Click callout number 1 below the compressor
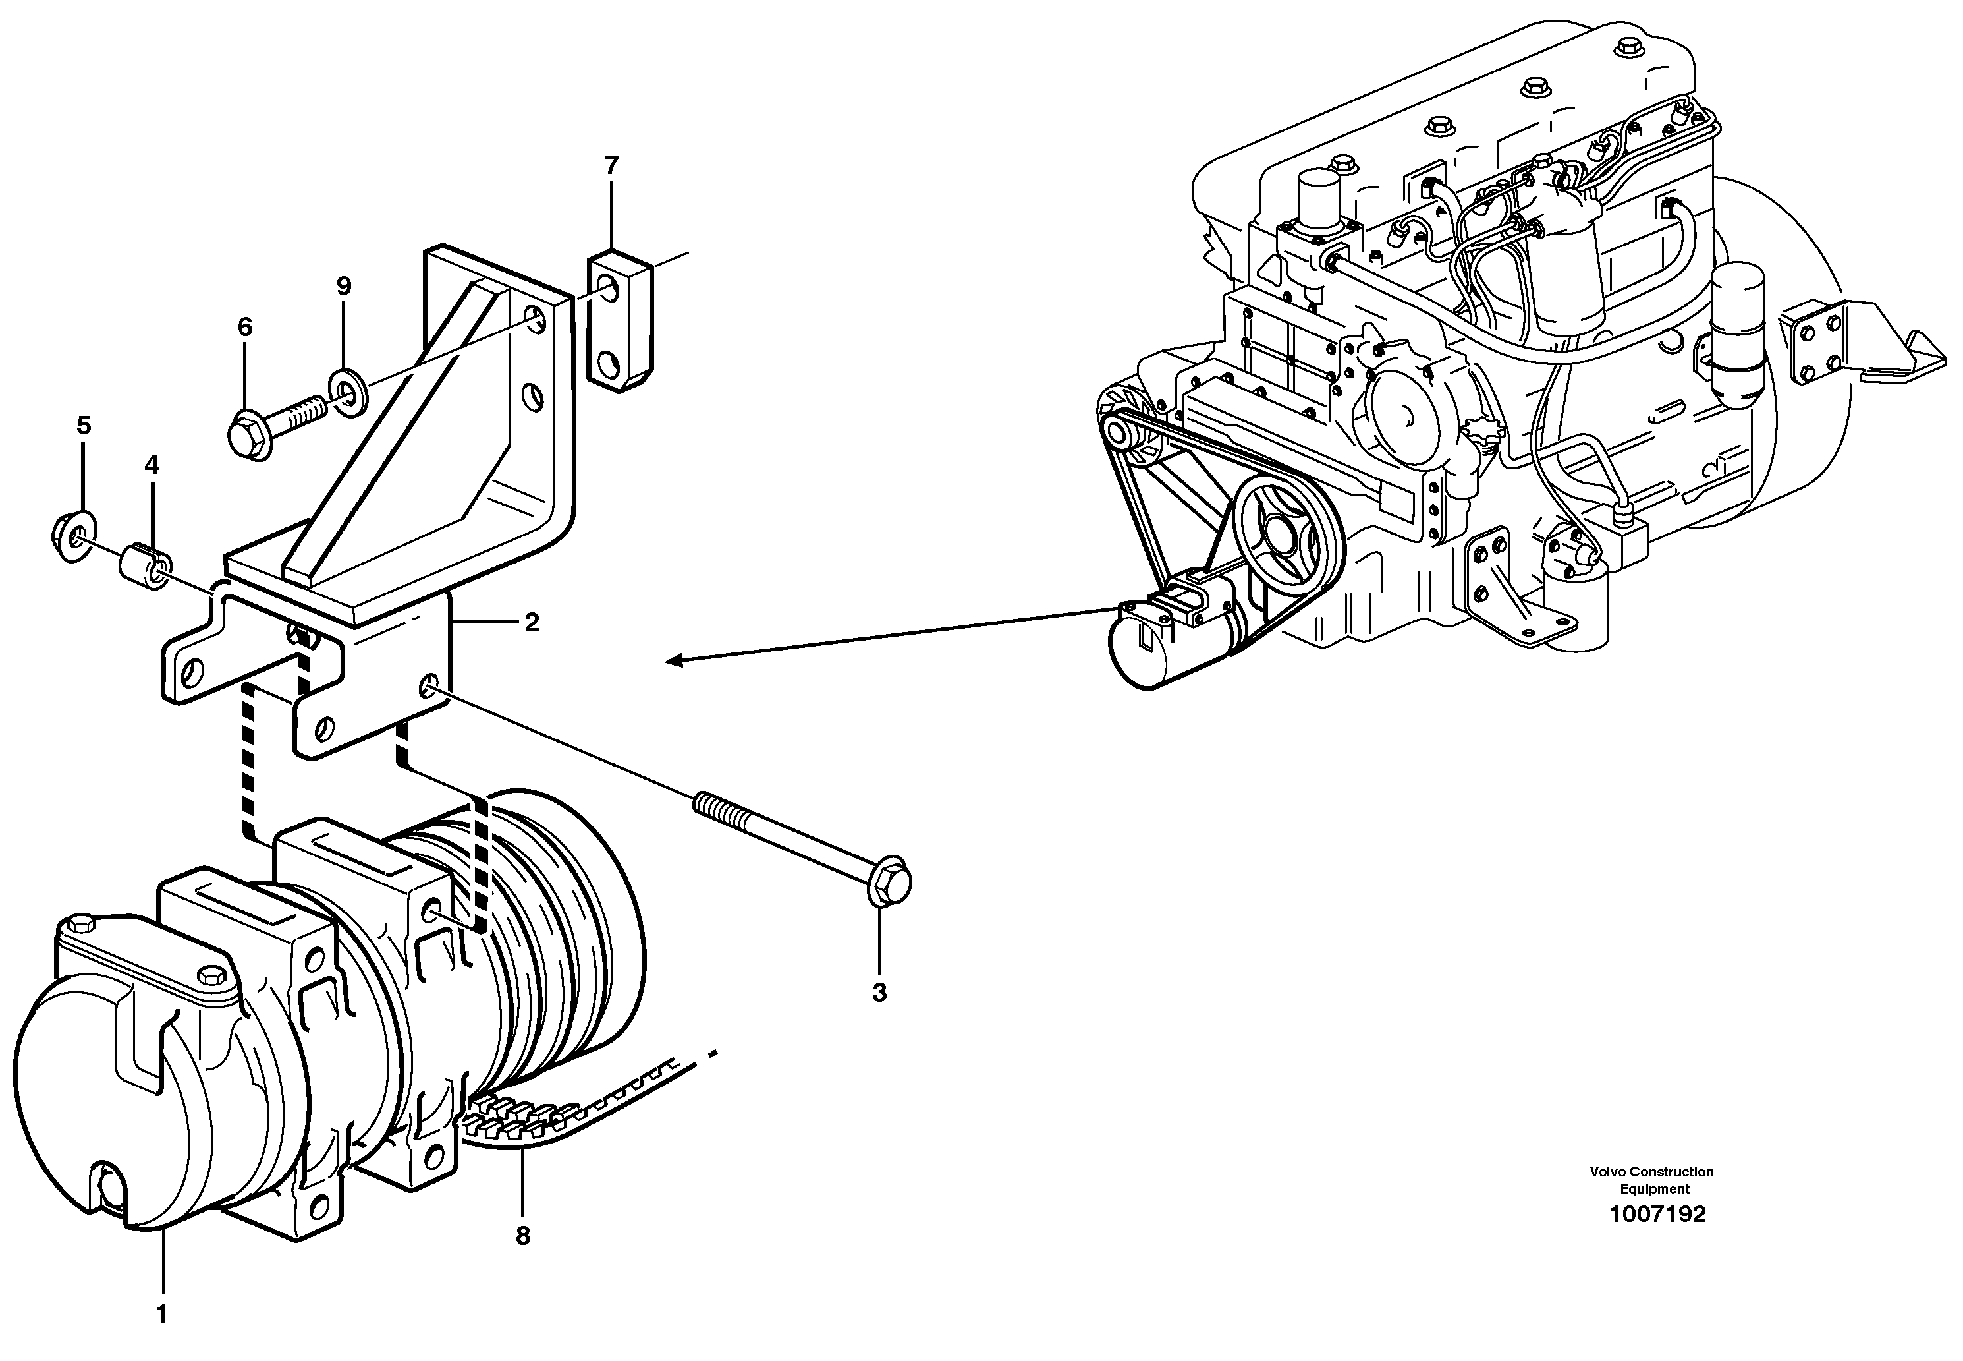(162, 1314)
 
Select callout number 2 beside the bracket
(531, 623)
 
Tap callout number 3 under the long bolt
(879, 993)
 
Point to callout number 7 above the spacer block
(611, 165)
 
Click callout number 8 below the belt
(522, 1236)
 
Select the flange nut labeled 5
(72, 537)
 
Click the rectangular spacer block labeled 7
(620, 320)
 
